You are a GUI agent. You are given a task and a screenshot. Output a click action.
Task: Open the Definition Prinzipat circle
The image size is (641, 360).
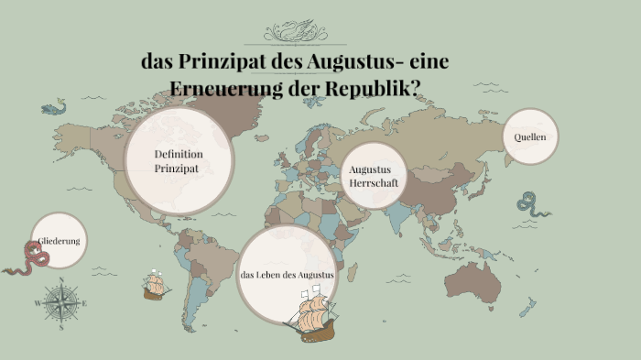179,161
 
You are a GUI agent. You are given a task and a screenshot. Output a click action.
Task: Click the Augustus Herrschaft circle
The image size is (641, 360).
371,176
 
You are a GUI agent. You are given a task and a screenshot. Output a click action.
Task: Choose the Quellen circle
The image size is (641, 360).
530,136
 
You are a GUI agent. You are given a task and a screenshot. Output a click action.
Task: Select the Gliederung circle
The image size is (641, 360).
59,241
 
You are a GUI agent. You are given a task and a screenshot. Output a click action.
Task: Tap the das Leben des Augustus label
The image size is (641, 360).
287,275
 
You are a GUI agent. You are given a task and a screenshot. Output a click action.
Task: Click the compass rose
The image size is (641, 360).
60,302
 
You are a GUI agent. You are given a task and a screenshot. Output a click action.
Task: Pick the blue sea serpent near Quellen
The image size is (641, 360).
530,204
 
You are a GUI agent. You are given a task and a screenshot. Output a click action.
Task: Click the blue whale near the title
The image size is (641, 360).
54,108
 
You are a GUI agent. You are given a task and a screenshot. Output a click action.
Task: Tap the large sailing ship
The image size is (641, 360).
311,313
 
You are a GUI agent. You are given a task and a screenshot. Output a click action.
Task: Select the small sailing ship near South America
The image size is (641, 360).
156,286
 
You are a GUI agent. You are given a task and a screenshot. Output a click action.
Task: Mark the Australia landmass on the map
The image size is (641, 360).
475,280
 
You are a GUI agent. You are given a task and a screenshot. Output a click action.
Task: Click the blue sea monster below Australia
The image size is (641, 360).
526,311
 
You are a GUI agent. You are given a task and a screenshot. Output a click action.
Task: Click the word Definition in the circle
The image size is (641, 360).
179,154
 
